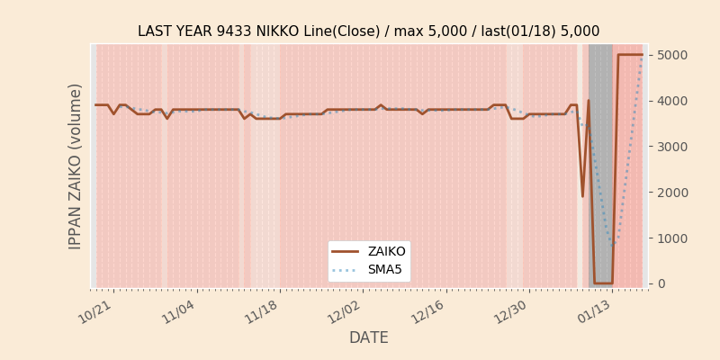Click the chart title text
(368, 31)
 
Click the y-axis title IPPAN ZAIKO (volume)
(76, 166)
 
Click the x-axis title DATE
(368, 337)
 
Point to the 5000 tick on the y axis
(672, 55)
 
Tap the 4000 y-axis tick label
(672, 101)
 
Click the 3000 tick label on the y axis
(672, 147)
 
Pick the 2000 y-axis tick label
(672, 193)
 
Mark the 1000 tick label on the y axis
(672, 238)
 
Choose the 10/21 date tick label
(94, 312)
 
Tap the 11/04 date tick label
(177, 312)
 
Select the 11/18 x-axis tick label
(261, 312)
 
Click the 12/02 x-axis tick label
(345, 312)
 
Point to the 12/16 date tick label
(428, 312)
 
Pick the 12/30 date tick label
(511, 312)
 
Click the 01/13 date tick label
(595, 312)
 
